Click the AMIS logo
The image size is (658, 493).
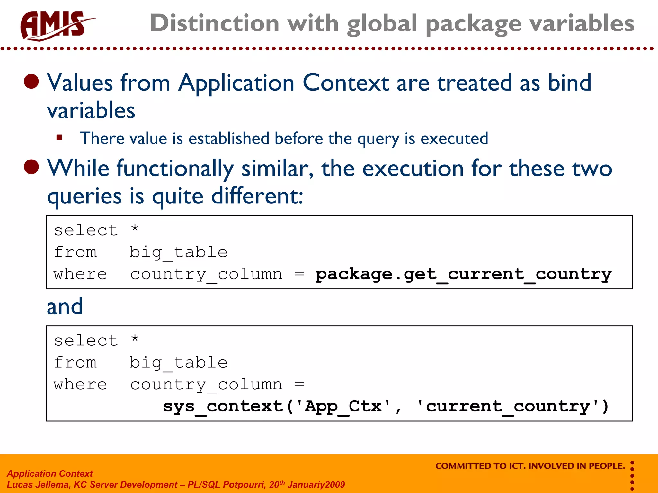[x=55, y=26]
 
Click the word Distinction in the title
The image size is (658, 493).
[x=214, y=23]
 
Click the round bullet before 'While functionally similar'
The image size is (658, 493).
[x=31, y=167]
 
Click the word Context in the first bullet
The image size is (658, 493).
[x=346, y=83]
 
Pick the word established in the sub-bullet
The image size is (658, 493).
[x=228, y=139]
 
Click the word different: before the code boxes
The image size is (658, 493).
[x=257, y=196]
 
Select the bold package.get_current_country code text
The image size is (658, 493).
[x=463, y=274]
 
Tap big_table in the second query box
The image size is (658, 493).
[x=178, y=363]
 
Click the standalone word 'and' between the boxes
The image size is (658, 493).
[x=65, y=307]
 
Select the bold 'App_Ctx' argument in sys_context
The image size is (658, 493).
[x=343, y=407]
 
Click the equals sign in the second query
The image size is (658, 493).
[x=299, y=384]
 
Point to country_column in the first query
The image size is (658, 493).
[x=206, y=274]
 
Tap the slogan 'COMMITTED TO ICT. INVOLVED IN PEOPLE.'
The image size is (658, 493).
[x=530, y=466]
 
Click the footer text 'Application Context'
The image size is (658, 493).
[x=50, y=474]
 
